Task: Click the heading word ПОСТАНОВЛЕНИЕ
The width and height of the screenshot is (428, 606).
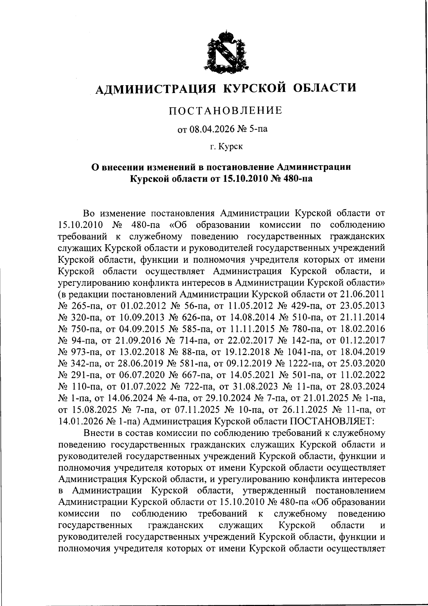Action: click(225, 111)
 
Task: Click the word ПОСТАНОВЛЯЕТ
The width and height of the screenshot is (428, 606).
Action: click(332, 421)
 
